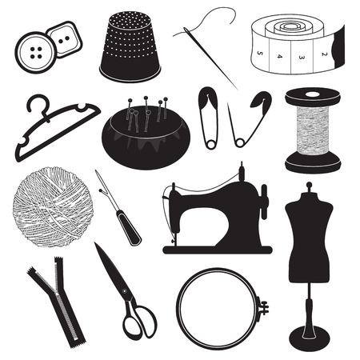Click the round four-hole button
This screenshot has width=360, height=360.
(36, 53)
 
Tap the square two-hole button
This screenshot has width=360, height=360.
(65, 39)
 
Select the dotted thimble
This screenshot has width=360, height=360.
(130, 46)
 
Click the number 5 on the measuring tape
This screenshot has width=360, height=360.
(259, 53)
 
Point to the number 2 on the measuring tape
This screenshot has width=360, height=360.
(324, 54)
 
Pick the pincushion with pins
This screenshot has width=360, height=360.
(146, 134)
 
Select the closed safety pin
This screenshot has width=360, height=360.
(209, 118)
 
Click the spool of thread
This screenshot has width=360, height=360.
(313, 130)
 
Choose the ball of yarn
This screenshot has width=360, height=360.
(53, 207)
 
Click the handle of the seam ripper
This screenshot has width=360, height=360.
(129, 227)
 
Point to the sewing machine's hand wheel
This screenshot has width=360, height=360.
(264, 202)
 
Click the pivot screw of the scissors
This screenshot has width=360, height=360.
(123, 290)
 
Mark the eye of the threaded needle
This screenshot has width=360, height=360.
(186, 31)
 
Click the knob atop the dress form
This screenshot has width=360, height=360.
(309, 184)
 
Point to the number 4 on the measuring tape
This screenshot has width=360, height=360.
(279, 56)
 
